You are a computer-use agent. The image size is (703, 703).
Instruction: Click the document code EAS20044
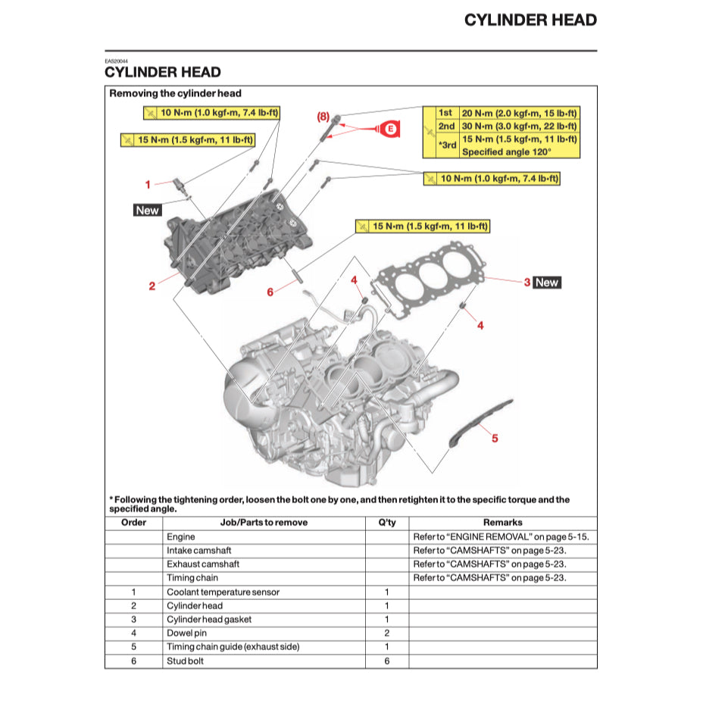pos(116,61)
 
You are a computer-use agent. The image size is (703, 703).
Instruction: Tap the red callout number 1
pos(148,184)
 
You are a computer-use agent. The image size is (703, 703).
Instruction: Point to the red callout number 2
pos(152,286)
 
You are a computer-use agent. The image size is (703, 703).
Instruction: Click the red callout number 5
pos(495,438)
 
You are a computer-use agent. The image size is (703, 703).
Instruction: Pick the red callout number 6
pos(270,292)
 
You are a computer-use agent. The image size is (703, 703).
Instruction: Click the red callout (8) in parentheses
pos(323,117)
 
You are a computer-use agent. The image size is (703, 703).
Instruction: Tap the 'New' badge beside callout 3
pos(546,283)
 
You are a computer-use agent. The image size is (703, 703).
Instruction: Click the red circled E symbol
pos(390,130)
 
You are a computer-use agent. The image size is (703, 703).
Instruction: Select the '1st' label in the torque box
pos(446,113)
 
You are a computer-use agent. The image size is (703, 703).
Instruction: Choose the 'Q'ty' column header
pos(386,523)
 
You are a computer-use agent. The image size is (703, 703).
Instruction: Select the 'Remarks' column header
pos(502,523)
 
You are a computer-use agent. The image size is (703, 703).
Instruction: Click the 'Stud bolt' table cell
pos(186,661)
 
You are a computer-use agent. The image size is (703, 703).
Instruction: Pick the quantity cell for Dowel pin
pos(386,633)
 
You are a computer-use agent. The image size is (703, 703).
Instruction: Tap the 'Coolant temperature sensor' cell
pos(223,592)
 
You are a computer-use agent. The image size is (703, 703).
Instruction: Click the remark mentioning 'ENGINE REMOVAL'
pos(501,537)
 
